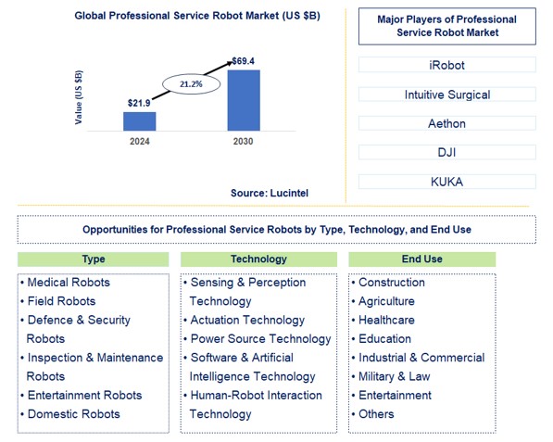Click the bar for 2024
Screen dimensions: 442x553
(139, 120)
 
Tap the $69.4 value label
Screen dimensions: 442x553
(244, 60)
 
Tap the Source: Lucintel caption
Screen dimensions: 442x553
(270, 192)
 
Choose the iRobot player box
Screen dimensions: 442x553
(446, 65)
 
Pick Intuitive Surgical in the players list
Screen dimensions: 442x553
(446, 94)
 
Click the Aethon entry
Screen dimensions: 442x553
(446, 122)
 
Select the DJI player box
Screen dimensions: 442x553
(446, 151)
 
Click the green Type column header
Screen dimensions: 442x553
(94, 259)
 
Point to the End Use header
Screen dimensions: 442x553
(421, 259)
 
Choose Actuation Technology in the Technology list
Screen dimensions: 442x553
(246, 320)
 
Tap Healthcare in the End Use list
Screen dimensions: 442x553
(386, 320)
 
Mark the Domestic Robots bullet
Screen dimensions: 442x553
(73, 414)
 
